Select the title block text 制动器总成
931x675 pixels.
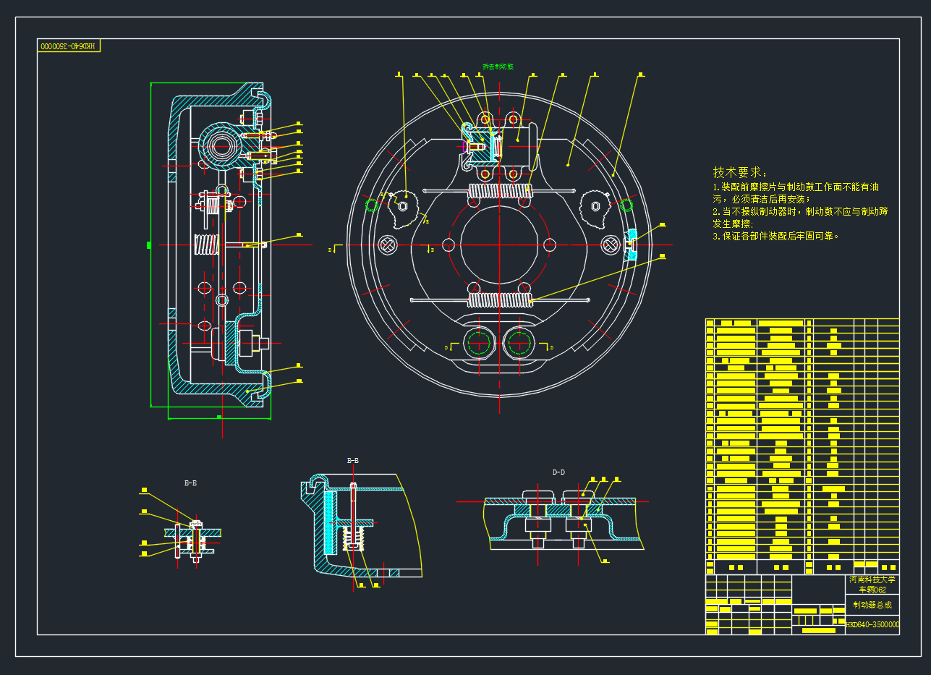[872, 605]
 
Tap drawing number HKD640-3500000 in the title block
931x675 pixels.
[872, 624]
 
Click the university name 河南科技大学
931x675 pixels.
[872, 580]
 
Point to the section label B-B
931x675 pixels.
[353, 460]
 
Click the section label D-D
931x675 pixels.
[558, 472]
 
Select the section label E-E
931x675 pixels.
[190, 483]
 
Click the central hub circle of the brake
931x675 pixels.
[499, 245]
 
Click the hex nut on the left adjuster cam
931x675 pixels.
[404, 207]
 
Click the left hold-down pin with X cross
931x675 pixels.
[388, 245]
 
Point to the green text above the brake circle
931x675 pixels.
[498, 67]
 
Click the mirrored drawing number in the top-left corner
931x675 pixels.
[68, 46]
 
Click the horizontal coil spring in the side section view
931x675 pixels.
[206, 246]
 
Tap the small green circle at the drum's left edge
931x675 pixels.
[373, 205]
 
